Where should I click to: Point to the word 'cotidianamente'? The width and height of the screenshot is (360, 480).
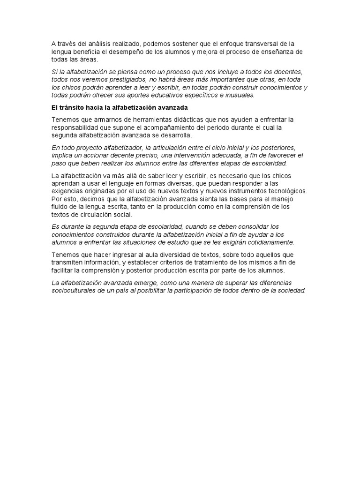tap(269, 242)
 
